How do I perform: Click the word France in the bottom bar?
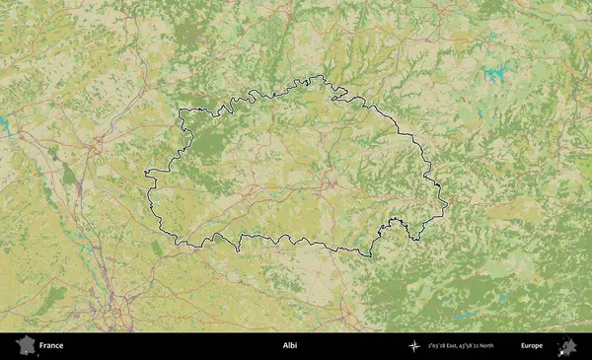[x=51, y=346]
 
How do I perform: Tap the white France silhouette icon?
[x=24, y=346]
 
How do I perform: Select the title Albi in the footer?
[x=289, y=346]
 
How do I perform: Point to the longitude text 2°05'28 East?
[x=448, y=346]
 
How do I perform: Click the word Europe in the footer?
[x=532, y=346]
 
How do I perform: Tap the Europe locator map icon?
[x=567, y=346]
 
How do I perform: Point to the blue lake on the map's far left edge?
[x=4, y=123]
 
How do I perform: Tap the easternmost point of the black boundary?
[x=447, y=205]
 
